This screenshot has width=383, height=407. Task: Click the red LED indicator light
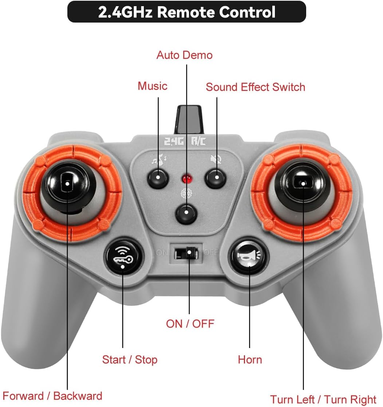(187, 179)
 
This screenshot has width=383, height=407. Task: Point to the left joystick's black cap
(67, 183)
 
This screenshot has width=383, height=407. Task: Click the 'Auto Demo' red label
(184, 55)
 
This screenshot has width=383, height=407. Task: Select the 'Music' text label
(152, 86)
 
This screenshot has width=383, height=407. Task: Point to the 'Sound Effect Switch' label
(255, 87)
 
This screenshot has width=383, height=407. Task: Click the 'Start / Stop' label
(130, 360)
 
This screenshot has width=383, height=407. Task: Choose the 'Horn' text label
(250, 360)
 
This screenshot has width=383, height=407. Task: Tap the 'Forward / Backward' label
(52, 396)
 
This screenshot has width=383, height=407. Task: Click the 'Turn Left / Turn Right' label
(323, 399)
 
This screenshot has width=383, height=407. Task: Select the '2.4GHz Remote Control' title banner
(187, 12)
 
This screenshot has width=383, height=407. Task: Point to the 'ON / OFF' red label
(190, 323)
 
